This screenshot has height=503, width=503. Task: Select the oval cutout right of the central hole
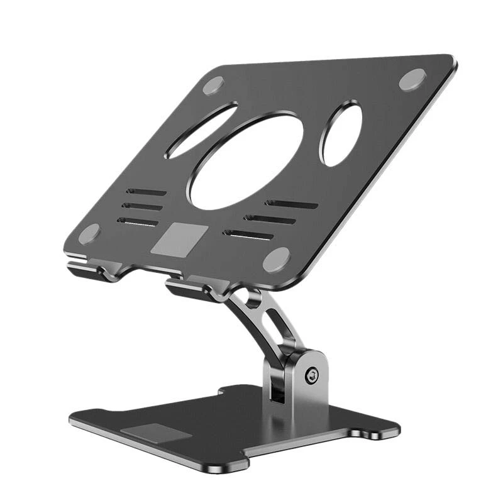coord(341,135)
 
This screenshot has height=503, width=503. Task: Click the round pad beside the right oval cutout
coord(412,79)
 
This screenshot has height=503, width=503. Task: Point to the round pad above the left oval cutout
coord(213,85)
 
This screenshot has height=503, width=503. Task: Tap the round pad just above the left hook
coord(89,234)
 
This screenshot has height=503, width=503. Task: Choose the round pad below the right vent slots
coord(276,259)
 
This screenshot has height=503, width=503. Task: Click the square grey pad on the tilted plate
coord(174,238)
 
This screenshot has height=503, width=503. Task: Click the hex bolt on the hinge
coord(310,376)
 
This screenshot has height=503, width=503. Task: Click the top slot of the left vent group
coord(146,192)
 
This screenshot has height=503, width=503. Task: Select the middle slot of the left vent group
coord(142,206)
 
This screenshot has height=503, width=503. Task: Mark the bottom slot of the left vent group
coord(138,221)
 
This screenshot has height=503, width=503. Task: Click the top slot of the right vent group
coord(290,204)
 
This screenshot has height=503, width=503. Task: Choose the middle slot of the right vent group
coord(270,219)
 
